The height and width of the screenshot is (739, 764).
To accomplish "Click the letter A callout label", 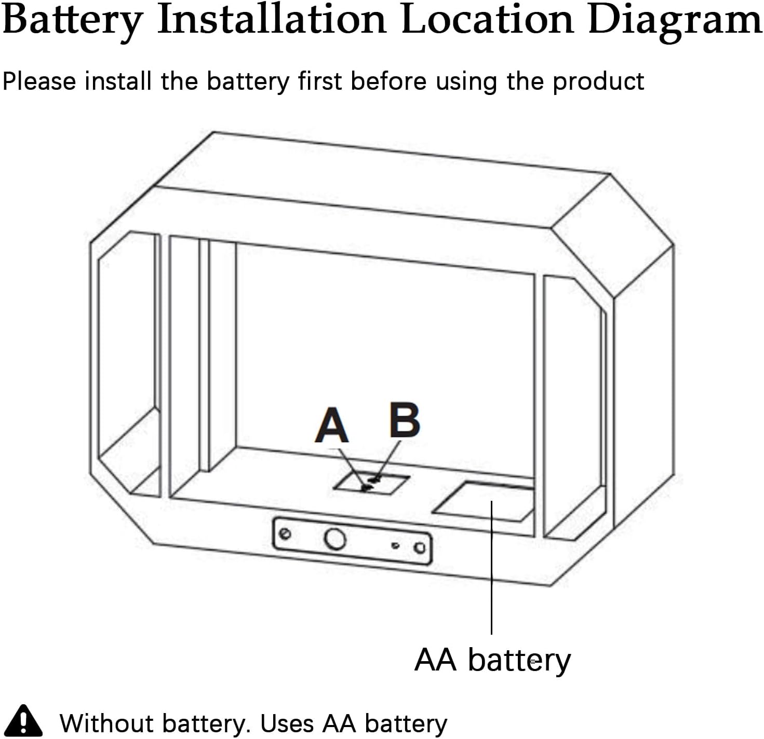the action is (332, 425).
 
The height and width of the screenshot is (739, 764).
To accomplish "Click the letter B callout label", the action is (405, 420).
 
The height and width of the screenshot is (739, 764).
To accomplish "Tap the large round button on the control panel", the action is (335, 539).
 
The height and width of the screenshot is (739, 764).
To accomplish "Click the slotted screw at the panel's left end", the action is (285, 533).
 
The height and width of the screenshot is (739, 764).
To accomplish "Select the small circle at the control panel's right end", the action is (420, 548).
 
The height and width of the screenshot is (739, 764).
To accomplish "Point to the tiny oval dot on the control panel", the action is (395, 545).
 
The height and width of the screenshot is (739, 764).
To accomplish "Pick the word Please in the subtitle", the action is (39, 81).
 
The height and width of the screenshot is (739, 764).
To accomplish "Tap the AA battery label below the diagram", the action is (492, 660).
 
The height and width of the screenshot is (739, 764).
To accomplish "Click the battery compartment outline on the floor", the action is (484, 502).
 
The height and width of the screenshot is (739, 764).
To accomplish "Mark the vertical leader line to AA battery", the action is (491, 568).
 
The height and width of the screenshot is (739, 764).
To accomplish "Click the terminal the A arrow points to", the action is (367, 488).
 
